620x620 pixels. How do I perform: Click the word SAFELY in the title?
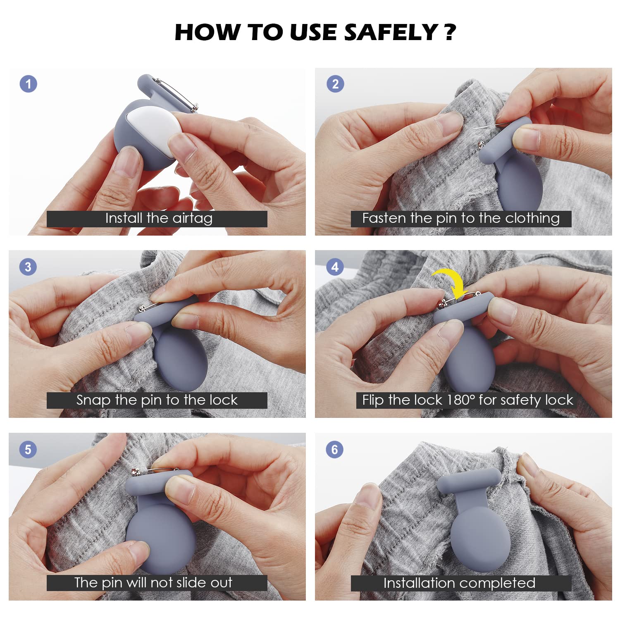tap(391, 32)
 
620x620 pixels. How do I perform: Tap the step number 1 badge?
tap(29, 84)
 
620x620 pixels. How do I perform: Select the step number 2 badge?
tap(335, 84)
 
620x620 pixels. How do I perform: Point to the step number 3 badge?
tap(28, 267)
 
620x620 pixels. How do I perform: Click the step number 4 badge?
tap(335, 267)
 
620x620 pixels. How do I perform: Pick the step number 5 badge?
tap(28, 449)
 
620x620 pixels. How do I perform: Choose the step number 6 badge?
tap(335, 449)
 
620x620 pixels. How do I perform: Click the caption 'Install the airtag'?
tap(159, 218)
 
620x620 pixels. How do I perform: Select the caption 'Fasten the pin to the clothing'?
tap(461, 218)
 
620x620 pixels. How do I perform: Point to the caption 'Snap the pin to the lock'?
tap(157, 400)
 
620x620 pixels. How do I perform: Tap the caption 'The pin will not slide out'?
tap(153, 582)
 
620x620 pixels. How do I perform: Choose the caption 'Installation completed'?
tap(459, 583)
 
